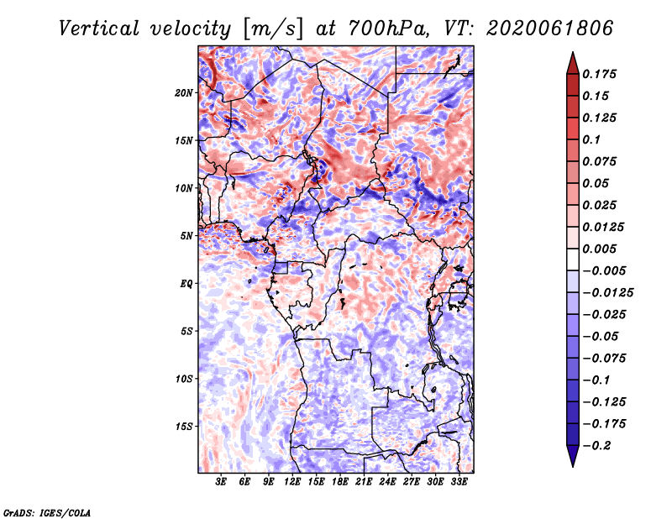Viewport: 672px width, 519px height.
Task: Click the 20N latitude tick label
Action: coord(184,93)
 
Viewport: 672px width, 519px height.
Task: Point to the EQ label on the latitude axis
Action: coord(186,284)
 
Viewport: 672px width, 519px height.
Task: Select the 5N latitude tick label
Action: coord(186,236)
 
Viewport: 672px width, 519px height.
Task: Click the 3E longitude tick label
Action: coord(221,482)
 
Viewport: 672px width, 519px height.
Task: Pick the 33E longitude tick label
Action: coord(459,482)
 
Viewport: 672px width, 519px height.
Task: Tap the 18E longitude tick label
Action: coord(340,482)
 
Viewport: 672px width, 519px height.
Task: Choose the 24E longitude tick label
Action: coord(387,482)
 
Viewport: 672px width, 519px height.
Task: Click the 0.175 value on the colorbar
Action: coord(599,74)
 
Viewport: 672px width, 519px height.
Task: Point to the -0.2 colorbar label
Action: coord(596,446)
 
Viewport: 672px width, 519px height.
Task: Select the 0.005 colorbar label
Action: coord(599,249)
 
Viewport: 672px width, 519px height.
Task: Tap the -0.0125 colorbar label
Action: coord(607,293)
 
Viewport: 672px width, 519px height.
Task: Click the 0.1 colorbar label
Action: coord(591,139)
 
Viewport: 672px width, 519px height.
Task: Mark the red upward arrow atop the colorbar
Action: coord(573,63)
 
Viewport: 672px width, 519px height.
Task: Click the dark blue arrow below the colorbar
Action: coord(573,456)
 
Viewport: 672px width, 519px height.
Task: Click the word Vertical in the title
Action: coord(99,29)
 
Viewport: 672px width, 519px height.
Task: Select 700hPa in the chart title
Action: coord(388,29)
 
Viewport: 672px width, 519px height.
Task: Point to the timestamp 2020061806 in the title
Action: coord(550,29)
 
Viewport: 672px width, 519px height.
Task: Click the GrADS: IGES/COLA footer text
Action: coord(47,513)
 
